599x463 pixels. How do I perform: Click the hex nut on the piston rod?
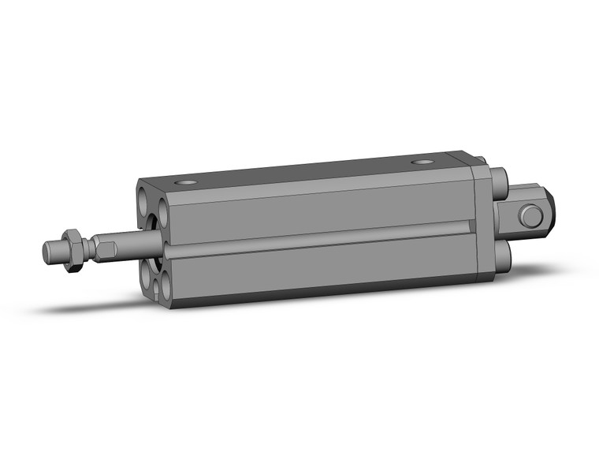coord(72,248)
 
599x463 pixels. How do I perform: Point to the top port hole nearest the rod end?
coord(186,184)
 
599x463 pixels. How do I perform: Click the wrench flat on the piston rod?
coord(106,249)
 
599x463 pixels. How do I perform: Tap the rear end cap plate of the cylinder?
coord(482,221)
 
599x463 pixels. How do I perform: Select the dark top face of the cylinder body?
coord(307,174)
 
